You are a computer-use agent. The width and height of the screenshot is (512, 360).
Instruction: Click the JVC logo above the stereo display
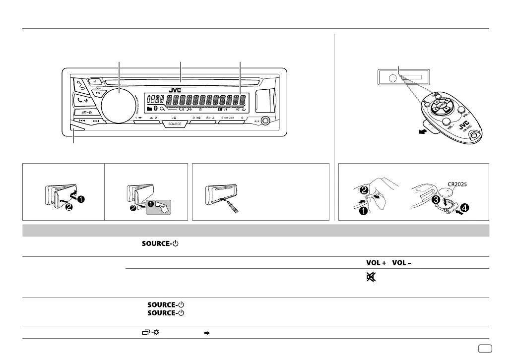coord(175,90)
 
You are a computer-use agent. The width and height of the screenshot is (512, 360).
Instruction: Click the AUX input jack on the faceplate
coord(267,120)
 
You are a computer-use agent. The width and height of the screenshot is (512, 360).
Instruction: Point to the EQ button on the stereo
coord(98,93)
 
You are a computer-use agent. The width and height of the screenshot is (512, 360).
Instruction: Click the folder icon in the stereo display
coord(150,108)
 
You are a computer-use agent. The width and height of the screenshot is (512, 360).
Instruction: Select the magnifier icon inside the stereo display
coord(162,108)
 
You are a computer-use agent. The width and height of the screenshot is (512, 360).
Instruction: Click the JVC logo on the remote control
coord(463,128)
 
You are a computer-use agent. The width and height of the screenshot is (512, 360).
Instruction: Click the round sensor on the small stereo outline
coord(392,78)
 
